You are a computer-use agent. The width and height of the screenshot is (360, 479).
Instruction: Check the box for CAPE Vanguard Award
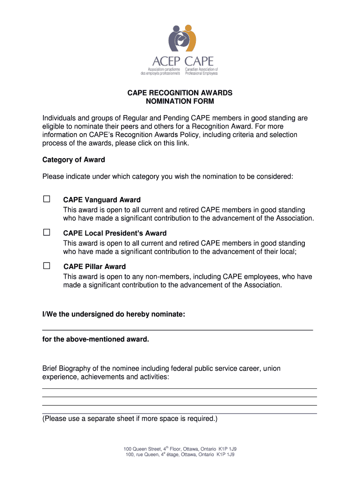pos(47,199)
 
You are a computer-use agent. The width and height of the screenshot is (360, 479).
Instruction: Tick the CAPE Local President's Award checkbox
pos(47,232)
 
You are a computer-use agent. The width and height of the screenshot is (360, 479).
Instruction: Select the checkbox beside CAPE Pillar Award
pos(47,266)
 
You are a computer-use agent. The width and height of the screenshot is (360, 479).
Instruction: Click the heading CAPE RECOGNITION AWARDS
pos(180,93)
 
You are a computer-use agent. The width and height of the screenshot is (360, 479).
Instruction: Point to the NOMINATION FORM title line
pos(180,101)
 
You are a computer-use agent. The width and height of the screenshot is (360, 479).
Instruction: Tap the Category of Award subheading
pos(74,160)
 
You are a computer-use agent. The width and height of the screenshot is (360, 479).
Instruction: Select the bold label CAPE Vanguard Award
pos(102,200)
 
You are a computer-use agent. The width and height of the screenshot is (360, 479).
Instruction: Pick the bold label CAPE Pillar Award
pos(94,267)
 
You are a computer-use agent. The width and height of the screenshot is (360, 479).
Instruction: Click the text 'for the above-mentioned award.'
pos(96,339)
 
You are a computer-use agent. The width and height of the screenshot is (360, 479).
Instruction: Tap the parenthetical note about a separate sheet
pos(130,419)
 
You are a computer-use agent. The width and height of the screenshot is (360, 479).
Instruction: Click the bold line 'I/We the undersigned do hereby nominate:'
pos(114,314)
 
